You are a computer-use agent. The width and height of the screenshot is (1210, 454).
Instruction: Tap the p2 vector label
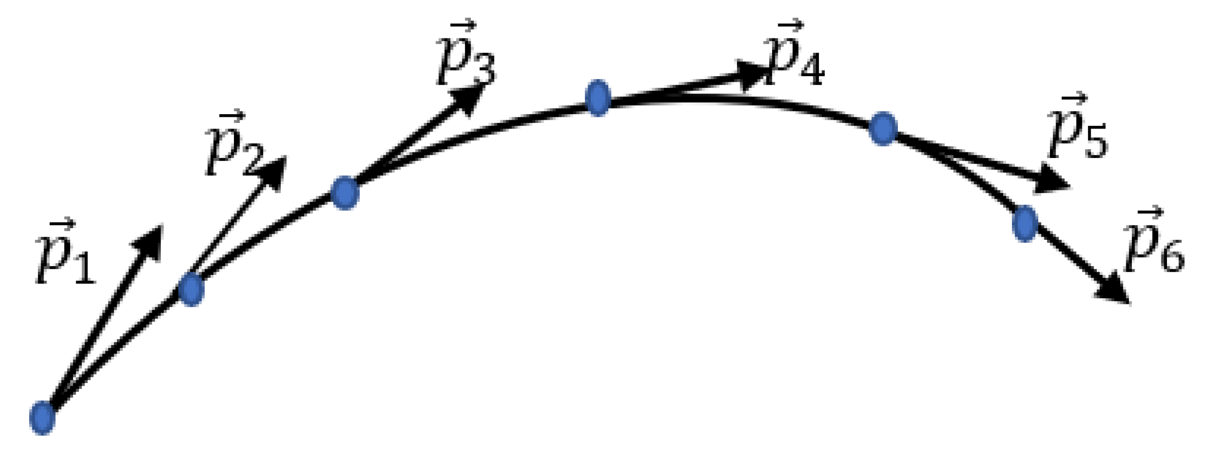click(x=235, y=145)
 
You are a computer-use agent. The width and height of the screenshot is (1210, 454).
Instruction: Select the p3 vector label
click(x=465, y=56)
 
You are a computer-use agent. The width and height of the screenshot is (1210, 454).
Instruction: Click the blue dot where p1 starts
click(x=42, y=418)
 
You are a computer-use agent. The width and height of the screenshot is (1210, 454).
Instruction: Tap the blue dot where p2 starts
click(x=191, y=289)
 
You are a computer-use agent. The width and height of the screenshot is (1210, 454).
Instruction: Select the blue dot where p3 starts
click(x=345, y=193)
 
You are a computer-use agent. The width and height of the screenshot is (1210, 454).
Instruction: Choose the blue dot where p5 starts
click(x=883, y=129)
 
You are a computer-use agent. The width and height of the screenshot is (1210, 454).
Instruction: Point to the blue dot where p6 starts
click(x=1024, y=223)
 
